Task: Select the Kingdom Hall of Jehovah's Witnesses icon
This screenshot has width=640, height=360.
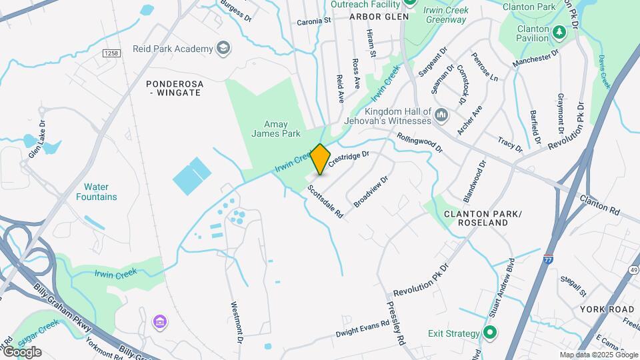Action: (441, 116)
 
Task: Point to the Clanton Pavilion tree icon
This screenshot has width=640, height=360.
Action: (558, 31)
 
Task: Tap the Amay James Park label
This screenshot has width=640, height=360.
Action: (276, 129)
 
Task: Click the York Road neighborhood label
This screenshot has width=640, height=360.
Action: (607, 309)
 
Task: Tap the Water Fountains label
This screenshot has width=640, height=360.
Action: (96, 192)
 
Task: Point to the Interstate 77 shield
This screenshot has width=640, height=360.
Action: (548, 259)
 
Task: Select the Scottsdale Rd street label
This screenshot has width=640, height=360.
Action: (325, 202)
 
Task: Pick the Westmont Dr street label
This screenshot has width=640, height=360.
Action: (235, 323)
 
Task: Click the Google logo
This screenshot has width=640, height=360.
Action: (22, 351)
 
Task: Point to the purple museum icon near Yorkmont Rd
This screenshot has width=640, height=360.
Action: (159, 323)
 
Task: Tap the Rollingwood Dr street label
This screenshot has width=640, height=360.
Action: (419, 143)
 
